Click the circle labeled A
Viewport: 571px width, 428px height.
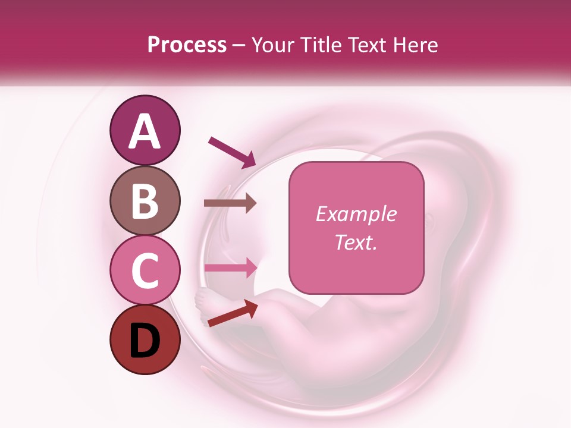[145, 130]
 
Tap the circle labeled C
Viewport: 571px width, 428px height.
[145, 270]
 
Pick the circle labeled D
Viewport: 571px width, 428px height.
[145, 340]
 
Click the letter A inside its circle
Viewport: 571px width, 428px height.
[145, 131]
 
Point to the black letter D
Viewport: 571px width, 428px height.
[145, 341]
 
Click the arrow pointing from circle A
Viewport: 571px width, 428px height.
[231, 151]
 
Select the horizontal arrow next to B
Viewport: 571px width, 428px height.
[230, 203]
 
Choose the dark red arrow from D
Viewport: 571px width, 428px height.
[233, 313]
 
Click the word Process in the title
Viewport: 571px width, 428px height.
[187, 45]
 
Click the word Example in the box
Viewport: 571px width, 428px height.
[356, 215]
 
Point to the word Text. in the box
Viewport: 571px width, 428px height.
[356, 242]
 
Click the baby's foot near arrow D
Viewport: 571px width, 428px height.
[206, 301]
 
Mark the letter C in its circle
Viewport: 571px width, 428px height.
[145, 272]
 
